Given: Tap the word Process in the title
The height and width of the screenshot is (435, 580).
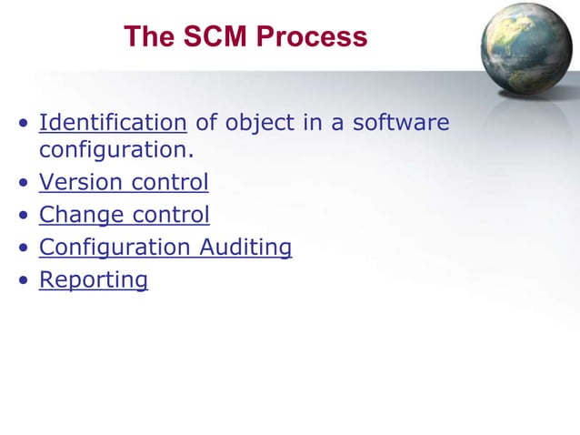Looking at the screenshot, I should tap(312, 36).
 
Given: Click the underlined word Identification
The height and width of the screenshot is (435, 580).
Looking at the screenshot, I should tap(113, 122).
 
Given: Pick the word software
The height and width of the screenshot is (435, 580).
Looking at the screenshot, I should tap(401, 122).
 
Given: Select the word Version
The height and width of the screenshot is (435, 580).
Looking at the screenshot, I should tap(81, 182).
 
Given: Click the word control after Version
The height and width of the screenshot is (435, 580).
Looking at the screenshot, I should tap(170, 182).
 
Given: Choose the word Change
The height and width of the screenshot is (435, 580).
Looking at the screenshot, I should tap(82, 215).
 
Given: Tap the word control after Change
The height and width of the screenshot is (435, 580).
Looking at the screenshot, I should tap(171, 215).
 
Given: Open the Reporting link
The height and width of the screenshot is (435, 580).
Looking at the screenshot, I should tap(94, 280).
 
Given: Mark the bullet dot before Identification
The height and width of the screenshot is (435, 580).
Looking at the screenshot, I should tap(22, 124).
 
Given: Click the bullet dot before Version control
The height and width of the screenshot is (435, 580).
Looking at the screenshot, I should tap(22, 184).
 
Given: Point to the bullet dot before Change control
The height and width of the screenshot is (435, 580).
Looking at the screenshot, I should tap(22, 217).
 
